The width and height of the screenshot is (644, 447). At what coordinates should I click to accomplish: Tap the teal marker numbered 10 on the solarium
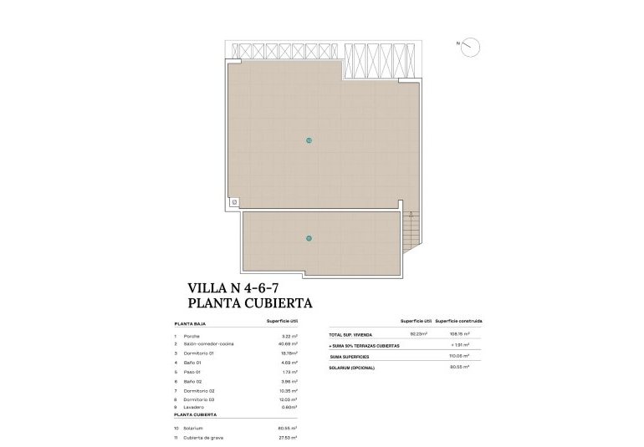309,140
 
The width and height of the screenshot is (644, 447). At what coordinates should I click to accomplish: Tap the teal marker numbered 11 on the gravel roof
309,238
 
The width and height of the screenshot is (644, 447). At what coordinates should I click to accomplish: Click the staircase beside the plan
412,230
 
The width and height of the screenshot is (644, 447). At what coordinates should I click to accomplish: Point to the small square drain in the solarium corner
234,202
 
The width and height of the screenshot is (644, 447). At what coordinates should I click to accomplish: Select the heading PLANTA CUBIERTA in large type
249,304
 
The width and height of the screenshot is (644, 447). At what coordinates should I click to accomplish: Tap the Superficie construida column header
459,321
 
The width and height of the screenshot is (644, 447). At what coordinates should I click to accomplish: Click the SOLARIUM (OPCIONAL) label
352,368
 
